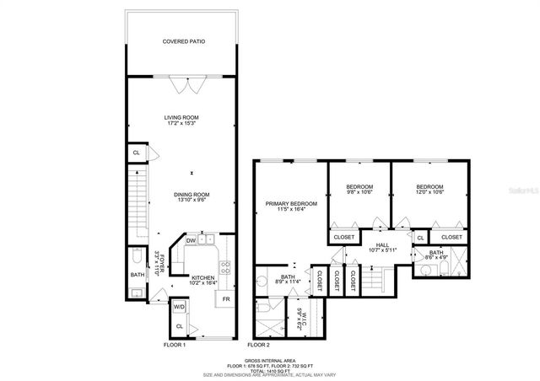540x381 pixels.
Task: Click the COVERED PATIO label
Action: (x=183, y=41)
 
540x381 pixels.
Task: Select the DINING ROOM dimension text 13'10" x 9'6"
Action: (x=193, y=201)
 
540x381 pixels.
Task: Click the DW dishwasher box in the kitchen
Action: (x=191, y=239)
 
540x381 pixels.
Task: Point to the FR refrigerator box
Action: (x=225, y=299)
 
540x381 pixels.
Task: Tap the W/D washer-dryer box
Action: (x=180, y=307)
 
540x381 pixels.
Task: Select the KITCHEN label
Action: (x=202, y=278)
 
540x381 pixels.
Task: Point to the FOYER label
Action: (x=157, y=264)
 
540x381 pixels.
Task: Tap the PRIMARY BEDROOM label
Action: (x=291, y=203)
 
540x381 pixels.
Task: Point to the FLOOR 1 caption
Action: (x=174, y=345)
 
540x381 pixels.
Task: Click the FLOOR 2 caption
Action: (x=258, y=345)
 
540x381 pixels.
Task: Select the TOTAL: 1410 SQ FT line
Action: (x=270, y=368)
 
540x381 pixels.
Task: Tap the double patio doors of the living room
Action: (x=185, y=83)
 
